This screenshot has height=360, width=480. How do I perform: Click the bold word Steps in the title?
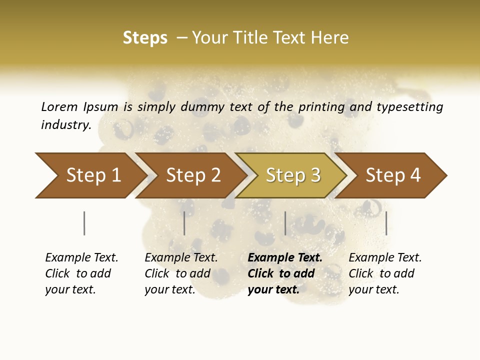click(145, 38)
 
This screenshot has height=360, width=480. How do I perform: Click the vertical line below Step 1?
click(84, 223)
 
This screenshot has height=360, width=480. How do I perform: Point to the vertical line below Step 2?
click(184, 223)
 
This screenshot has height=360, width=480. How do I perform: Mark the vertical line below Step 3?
click(285, 223)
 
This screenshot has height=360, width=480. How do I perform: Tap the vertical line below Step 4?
click(386, 223)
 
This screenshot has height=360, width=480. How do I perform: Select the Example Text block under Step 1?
click(81, 273)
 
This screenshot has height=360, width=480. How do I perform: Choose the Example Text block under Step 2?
click(181, 273)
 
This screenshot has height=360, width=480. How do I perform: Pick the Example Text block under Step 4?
click(385, 273)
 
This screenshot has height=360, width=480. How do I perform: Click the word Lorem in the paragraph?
click(59, 106)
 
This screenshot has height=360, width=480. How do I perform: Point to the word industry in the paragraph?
click(66, 124)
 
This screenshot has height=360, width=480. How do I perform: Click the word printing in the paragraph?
click(319, 106)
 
